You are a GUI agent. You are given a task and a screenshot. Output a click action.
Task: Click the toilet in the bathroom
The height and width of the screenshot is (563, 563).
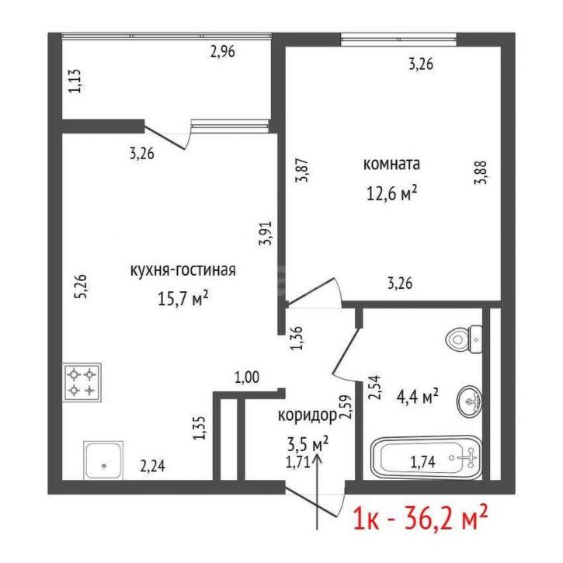coord(464,339)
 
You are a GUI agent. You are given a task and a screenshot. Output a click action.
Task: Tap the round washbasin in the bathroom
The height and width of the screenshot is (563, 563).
coord(470,401)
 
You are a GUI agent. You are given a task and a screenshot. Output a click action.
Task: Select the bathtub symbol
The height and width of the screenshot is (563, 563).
coord(426,458)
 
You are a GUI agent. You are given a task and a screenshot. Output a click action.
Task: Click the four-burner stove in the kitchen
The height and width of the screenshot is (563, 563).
coord(82,382)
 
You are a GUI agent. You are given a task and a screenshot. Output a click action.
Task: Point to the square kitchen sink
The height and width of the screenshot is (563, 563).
coord(103,460)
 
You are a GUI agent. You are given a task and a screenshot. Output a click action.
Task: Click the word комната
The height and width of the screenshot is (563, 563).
coord(391,164)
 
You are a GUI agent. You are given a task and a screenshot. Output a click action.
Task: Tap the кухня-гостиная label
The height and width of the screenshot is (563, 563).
coord(182,270)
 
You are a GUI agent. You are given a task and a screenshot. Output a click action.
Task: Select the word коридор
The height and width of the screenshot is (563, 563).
coord(308,415)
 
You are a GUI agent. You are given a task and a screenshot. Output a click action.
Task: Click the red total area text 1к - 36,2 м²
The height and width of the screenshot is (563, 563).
coord(420,517)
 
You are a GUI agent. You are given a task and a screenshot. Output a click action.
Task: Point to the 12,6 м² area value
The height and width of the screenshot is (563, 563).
coord(391,193)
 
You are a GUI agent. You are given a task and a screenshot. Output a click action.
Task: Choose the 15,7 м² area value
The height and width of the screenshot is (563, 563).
coord(183,299)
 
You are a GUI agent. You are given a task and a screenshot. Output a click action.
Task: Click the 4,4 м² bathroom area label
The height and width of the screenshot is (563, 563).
coord(417,396)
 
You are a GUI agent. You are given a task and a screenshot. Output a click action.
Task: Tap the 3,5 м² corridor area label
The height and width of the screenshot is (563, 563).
coord(308,444)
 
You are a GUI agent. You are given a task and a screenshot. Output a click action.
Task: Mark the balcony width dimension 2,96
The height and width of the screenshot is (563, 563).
coord(223,52)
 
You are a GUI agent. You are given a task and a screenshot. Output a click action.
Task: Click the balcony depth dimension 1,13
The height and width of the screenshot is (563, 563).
coord(75,81)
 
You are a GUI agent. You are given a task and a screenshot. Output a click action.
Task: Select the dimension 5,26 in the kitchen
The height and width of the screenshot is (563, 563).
coord(80,287)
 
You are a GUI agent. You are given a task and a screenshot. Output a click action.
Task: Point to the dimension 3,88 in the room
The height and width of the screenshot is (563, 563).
coord(481,172)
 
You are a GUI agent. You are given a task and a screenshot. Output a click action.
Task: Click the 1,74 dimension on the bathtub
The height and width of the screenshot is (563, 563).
coord(423,462)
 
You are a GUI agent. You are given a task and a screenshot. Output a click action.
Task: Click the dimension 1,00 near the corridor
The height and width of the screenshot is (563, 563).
coord(247,377)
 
